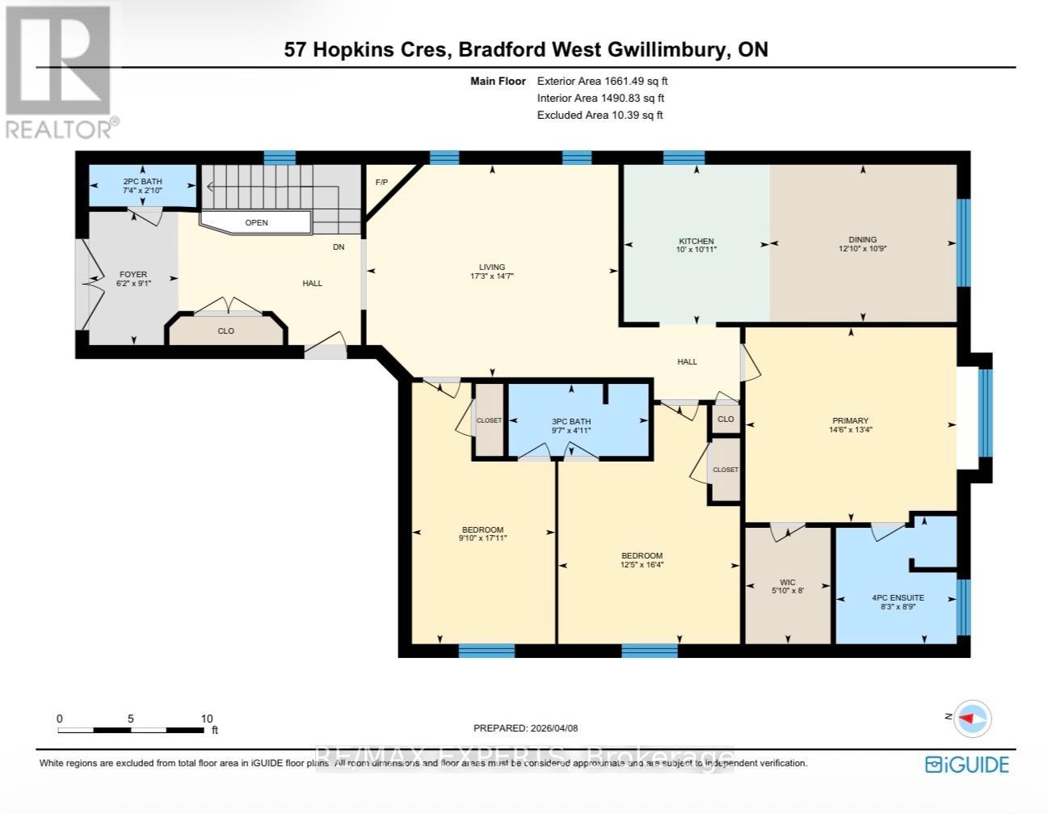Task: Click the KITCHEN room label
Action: pos(696,241)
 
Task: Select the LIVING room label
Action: pos(491,267)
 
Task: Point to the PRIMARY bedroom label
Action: pos(850,420)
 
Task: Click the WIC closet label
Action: pos(787,582)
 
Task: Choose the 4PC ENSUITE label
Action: pos(898,598)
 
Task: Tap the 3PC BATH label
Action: pos(571,421)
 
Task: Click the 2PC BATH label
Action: pos(142,182)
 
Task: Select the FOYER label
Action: pos(133,274)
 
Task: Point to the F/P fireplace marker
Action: pos(381,182)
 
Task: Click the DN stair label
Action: pos(339,247)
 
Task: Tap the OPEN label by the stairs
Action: pos(256,222)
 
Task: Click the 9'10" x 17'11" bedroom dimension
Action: pos(483,538)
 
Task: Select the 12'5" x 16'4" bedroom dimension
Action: pos(642,564)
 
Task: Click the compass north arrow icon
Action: pos(972,718)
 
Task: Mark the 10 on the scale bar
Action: pos(207,719)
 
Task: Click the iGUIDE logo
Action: pos(966,765)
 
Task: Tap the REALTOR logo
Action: pos(59,71)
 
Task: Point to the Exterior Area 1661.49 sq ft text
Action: pos(602,81)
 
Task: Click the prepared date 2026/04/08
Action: pos(553,728)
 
